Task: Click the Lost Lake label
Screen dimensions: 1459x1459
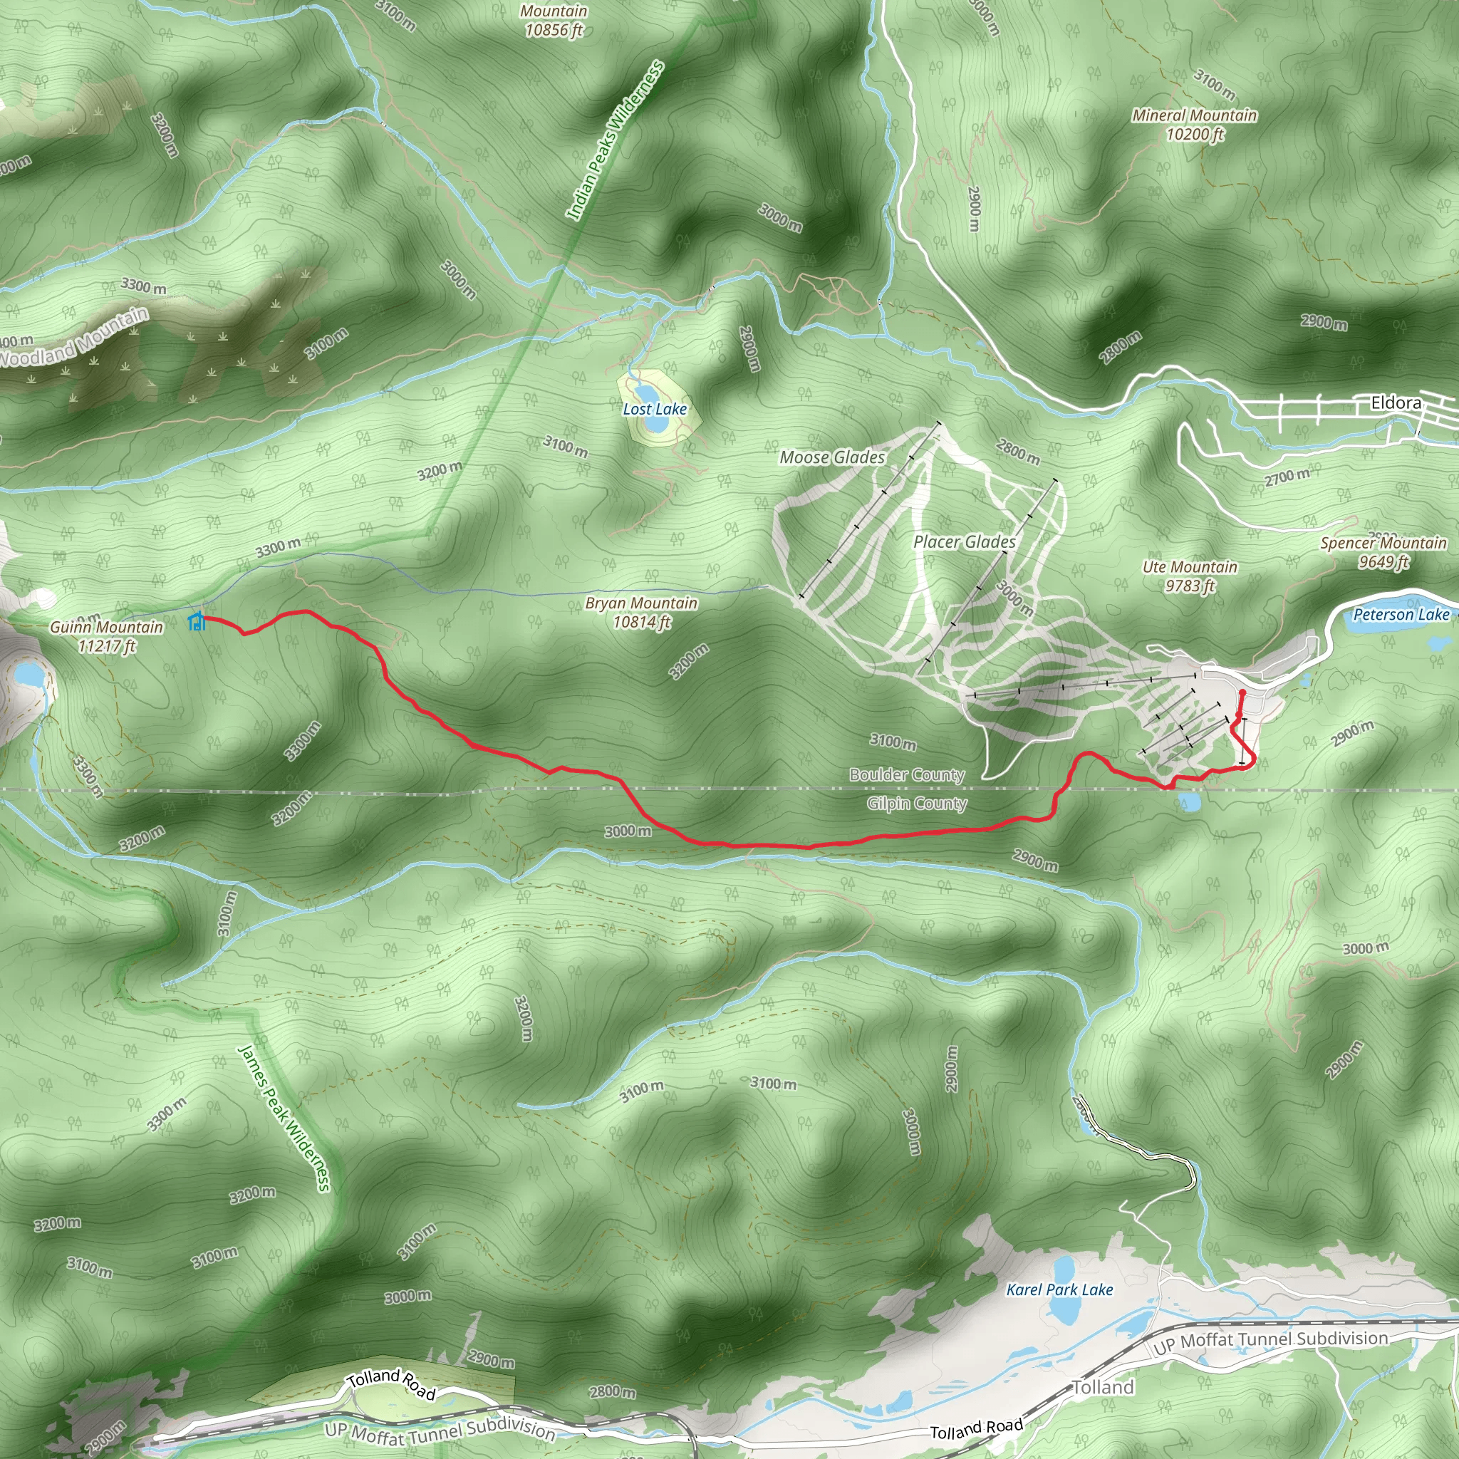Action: tap(655, 408)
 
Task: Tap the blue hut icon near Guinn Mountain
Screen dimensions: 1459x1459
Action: tap(197, 621)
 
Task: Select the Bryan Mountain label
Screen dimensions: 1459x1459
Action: tap(641, 612)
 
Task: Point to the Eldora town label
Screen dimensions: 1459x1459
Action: tap(1396, 403)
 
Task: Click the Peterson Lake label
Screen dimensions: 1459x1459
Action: tap(1401, 614)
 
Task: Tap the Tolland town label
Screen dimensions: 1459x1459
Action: tap(1104, 1386)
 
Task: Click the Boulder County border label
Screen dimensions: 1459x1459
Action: tap(907, 774)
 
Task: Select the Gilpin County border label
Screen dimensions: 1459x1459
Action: tap(917, 803)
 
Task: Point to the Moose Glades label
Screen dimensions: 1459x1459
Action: tap(832, 457)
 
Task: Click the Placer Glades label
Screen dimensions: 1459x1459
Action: tap(965, 541)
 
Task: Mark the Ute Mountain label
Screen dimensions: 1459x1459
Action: tap(1190, 576)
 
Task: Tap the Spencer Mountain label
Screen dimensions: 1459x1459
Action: tap(1383, 551)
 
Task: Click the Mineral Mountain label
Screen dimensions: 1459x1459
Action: tap(1195, 125)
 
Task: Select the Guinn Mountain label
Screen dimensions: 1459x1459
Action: tap(106, 635)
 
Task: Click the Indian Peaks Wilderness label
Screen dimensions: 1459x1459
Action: tap(616, 140)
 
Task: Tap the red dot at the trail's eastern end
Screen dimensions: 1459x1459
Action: tap(1242, 692)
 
